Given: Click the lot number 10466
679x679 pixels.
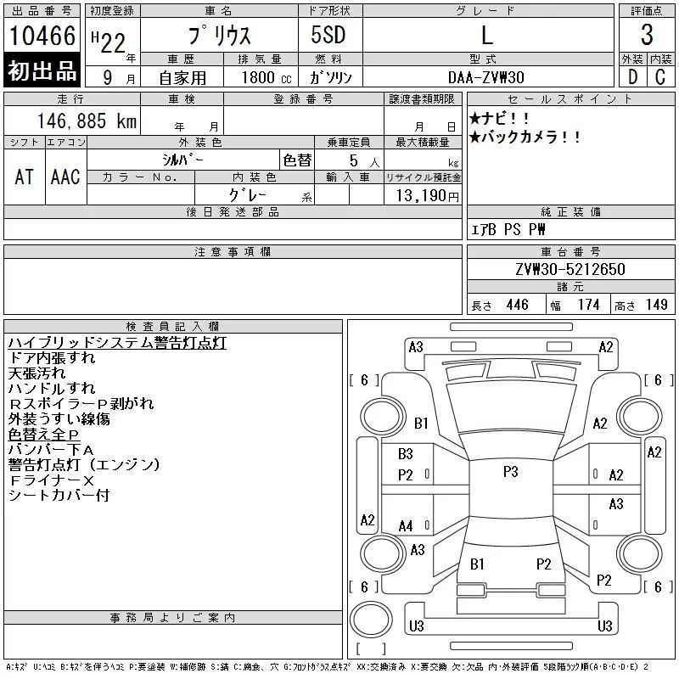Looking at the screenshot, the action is [42, 36].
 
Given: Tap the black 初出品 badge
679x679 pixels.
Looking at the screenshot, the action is [42, 70].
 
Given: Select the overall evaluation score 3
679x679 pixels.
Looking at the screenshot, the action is [647, 35].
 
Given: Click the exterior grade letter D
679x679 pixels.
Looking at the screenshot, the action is [632, 77].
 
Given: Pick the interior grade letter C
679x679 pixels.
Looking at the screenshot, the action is [660, 77].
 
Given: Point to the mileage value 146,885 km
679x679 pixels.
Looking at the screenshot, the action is [87, 121].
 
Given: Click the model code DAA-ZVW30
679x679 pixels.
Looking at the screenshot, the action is [485, 77].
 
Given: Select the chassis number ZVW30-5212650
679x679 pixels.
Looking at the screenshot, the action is [570, 269].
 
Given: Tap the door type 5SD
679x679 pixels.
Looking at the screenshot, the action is [328, 35].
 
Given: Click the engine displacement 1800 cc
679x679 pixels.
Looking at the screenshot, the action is [267, 77].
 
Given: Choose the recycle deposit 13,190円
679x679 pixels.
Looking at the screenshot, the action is [427, 196].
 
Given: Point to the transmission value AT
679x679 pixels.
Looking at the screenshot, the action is [24, 177].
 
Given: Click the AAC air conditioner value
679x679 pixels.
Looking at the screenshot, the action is [65, 177].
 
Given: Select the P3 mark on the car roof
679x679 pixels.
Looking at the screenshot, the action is [511, 472].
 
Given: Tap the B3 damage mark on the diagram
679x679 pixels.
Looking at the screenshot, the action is [406, 454].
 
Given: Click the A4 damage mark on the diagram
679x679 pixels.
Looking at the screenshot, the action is [406, 526].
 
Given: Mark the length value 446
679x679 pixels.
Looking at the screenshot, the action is [517, 305].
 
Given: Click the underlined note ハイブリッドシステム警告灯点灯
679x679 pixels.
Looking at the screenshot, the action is [117, 343].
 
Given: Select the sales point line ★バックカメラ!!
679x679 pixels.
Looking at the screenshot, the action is [525, 137].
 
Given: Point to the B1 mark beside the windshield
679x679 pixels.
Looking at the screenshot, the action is [421, 423].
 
